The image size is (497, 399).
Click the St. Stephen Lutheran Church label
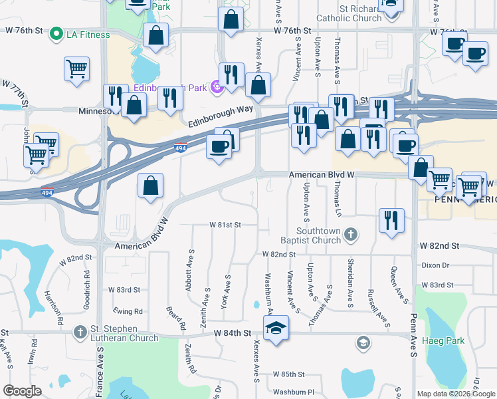point(125,332)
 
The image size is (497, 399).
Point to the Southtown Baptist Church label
point(320,235)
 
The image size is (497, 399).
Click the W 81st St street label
point(225,225)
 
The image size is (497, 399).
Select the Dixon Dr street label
point(435,265)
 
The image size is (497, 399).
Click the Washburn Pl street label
point(292,392)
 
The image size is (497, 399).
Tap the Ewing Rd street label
point(129,311)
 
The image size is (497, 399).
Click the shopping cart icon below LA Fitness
point(77,68)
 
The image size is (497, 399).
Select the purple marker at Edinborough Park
point(215,86)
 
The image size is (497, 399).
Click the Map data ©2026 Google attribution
point(455,394)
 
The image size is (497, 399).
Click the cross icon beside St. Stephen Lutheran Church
point(80,331)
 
